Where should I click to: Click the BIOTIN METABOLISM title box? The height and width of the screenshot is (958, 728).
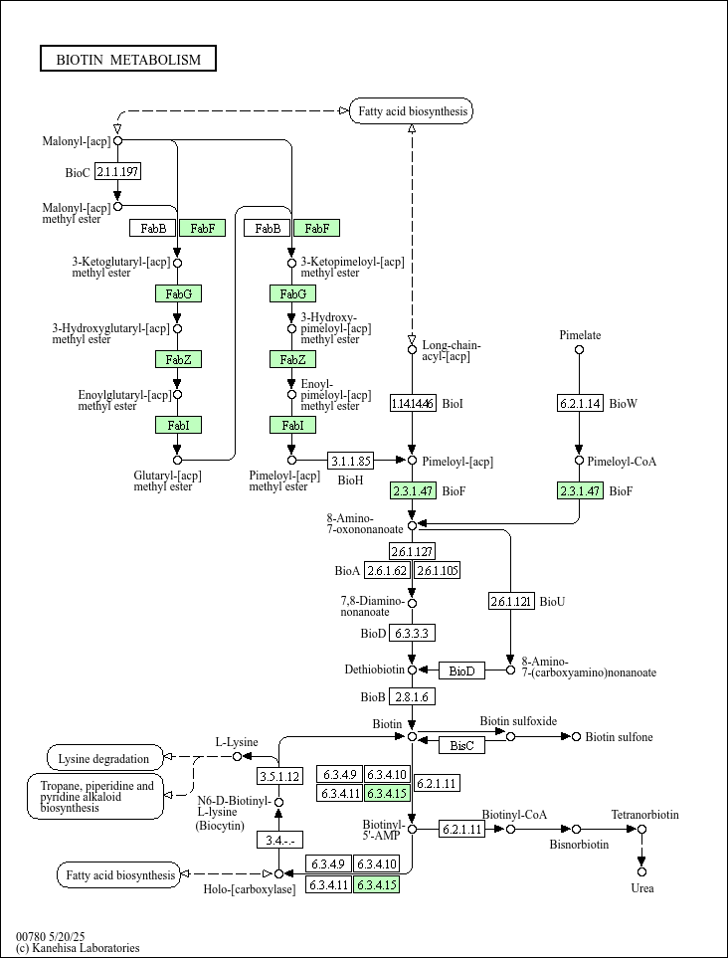point(128,59)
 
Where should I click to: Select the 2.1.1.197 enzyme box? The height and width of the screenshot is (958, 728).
point(118,172)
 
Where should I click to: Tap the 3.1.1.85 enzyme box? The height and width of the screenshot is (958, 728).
point(350,460)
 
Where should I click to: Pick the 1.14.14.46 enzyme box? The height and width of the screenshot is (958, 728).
point(413,403)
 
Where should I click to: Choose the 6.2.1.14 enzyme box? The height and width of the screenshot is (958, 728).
point(580,403)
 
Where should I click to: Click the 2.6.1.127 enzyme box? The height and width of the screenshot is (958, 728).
point(413,552)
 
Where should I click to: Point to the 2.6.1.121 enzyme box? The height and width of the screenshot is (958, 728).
point(511,602)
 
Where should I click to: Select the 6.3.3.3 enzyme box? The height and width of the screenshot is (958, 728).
point(413,634)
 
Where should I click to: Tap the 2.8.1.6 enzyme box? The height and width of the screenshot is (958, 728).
point(413,697)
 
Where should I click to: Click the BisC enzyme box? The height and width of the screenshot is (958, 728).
point(461,745)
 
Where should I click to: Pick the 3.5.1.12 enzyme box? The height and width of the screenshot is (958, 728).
point(279,777)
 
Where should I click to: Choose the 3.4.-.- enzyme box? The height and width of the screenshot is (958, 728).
point(279,840)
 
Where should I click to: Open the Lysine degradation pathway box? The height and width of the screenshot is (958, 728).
point(105,758)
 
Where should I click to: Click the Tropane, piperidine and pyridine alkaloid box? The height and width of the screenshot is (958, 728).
point(95,796)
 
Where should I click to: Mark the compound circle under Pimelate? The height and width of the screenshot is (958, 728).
point(580,349)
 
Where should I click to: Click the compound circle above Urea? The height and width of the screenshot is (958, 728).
point(641,871)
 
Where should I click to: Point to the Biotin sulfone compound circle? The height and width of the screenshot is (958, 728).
point(576,737)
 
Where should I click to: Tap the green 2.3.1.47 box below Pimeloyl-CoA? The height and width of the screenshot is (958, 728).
point(580,490)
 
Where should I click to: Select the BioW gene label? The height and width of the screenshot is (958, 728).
point(623,403)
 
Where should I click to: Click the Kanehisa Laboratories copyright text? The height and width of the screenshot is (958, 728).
point(78,948)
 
